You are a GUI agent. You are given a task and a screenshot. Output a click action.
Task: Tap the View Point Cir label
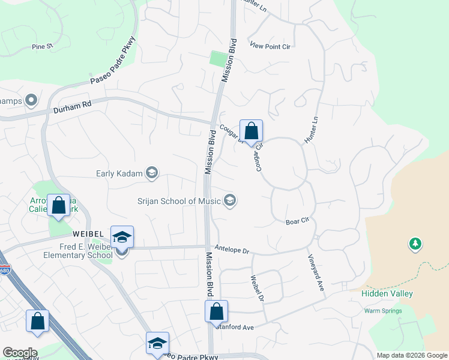click(x=270, y=46)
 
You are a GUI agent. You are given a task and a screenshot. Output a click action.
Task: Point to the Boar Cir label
click(x=297, y=221)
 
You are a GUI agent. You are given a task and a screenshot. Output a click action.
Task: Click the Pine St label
click(x=43, y=46)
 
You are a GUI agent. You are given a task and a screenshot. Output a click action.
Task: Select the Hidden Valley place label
click(x=387, y=293)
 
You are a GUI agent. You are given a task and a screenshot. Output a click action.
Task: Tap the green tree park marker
click(x=414, y=244)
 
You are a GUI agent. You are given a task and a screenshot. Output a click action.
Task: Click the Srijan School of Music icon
click(x=229, y=200)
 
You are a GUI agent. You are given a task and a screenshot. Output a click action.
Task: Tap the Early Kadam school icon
click(x=152, y=174)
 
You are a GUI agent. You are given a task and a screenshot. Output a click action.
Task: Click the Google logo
click(x=20, y=353)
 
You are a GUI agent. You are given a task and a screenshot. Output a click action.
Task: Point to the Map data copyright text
click(x=411, y=355)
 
